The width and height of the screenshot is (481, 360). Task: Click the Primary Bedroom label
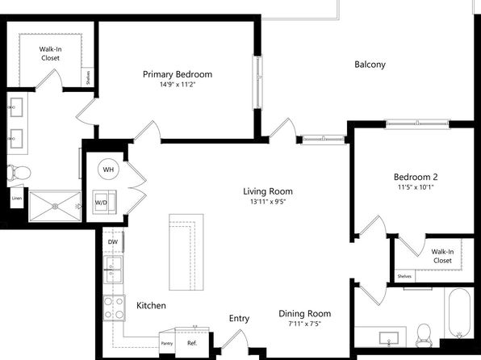click(x=178, y=74)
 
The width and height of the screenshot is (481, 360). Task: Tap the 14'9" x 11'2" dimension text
click(x=178, y=85)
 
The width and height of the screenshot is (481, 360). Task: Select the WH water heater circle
click(x=108, y=170)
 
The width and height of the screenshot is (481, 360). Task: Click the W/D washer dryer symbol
click(x=104, y=202)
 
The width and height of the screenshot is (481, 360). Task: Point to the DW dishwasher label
click(x=112, y=242)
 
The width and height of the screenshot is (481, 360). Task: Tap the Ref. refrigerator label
click(x=192, y=343)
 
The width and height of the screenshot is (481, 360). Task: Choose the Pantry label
click(x=167, y=343)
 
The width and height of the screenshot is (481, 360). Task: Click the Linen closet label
click(x=17, y=199)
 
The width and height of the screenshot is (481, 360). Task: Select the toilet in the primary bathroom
click(x=19, y=173)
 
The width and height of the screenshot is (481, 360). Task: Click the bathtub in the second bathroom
click(x=459, y=314)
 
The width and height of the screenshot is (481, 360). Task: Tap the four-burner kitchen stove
click(x=114, y=308)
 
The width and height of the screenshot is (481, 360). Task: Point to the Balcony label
click(x=370, y=65)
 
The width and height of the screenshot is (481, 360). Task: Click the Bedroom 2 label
click(x=416, y=177)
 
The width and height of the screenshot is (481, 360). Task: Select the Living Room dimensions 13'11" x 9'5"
click(x=268, y=202)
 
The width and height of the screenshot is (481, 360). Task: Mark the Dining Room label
click(x=304, y=313)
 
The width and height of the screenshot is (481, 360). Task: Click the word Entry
click(x=239, y=319)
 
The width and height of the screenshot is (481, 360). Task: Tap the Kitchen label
click(x=151, y=305)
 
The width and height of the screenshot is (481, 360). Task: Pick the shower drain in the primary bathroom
click(x=55, y=207)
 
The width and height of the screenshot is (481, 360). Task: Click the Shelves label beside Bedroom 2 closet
click(x=404, y=276)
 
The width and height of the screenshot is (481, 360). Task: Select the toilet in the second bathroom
click(x=424, y=335)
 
